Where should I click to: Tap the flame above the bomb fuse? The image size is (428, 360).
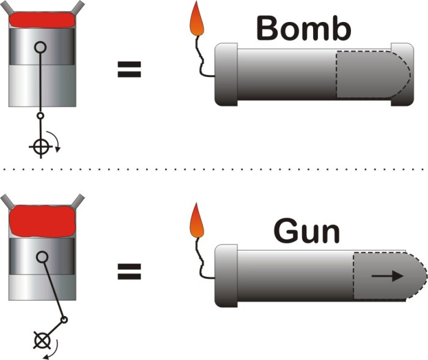(x=197, y=20)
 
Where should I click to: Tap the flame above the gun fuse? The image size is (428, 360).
(x=197, y=221)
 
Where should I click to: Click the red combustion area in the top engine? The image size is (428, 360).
(x=40, y=20)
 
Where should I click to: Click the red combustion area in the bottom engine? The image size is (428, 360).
(x=40, y=222)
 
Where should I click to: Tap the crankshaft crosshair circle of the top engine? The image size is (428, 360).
(x=40, y=147)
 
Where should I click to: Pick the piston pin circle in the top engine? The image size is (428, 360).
(x=40, y=46)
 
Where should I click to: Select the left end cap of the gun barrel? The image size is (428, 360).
(x=226, y=276)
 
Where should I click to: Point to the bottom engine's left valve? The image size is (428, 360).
(x=5, y=200)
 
